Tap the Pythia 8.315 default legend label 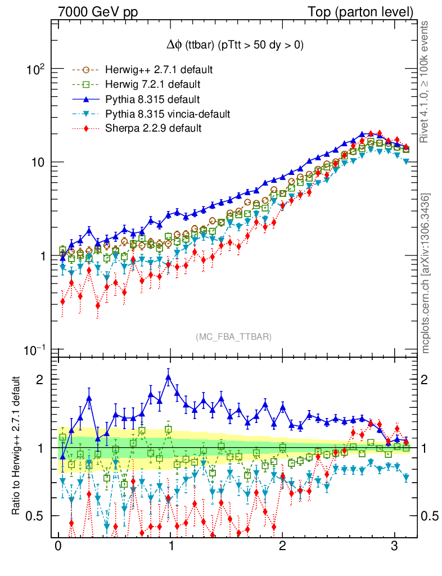click(152, 100)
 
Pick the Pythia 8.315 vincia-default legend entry click(168, 114)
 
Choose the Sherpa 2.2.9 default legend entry click(153, 128)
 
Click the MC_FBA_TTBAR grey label click(234, 337)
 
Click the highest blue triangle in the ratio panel click(169, 377)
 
